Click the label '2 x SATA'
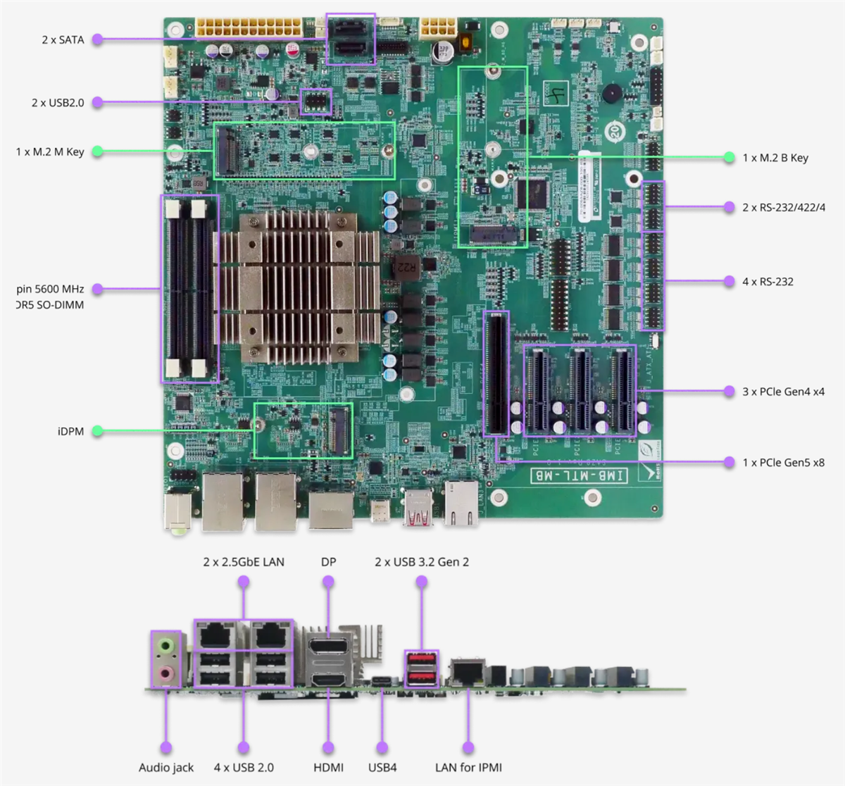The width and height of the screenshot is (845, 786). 63,40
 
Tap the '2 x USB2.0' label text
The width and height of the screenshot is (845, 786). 58,103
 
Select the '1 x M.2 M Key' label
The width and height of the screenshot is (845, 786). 50,151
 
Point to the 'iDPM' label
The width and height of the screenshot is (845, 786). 70,431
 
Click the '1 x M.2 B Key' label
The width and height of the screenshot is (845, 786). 775,158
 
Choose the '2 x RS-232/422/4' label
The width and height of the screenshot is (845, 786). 784,208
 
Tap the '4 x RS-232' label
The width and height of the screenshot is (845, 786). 768,282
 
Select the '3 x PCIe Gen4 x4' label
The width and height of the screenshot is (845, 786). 783,392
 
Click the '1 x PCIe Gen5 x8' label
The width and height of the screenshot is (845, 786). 783,463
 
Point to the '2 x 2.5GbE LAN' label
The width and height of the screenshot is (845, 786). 244,562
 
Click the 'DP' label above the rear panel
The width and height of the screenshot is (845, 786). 328,562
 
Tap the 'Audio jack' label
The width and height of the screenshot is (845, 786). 166,768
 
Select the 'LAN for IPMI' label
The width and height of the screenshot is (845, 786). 468,768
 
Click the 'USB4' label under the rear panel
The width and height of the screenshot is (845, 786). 382,768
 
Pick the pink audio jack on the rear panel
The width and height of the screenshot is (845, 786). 165,673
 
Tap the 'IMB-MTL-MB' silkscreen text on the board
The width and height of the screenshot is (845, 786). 578,476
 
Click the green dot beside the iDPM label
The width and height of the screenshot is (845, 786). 98,431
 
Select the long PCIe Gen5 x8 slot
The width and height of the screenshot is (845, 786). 496,373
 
